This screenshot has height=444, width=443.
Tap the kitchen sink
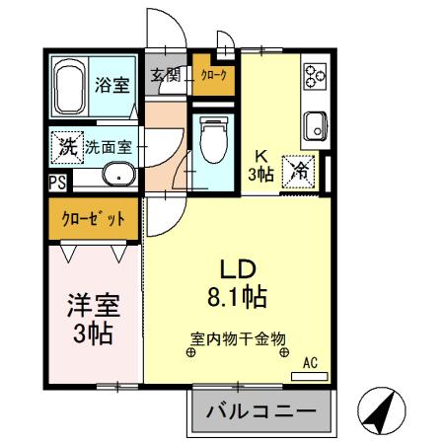[x=316, y=126]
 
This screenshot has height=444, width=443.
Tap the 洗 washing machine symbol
[x=67, y=147]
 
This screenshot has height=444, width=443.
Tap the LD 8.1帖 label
[x=236, y=281]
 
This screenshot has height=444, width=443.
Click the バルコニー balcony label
[x=260, y=411]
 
